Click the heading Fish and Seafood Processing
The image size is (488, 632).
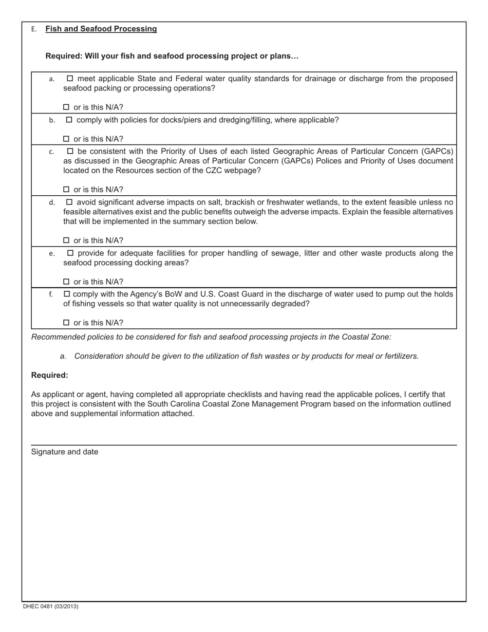tap(101, 29)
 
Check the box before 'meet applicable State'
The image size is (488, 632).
tap(70, 79)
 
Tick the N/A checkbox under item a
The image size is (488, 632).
tap(66, 107)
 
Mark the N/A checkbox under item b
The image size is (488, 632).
tap(66, 139)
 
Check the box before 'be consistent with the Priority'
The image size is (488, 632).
tap(70, 152)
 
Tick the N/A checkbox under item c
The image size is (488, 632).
tap(66, 190)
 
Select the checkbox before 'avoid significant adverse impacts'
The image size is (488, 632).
tap(70, 202)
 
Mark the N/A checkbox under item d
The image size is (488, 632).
tap(66, 240)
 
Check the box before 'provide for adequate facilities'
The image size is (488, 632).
tap(70, 253)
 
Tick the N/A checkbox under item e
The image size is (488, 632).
tap(66, 282)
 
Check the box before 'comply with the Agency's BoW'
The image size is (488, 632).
tap(66, 294)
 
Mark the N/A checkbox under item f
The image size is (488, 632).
tap(66, 323)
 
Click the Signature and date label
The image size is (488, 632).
tap(65, 452)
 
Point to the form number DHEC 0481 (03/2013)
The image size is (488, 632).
tap(50, 607)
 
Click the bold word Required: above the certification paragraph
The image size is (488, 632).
tap(49, 376)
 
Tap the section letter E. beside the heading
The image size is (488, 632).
tap(34, 29)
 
